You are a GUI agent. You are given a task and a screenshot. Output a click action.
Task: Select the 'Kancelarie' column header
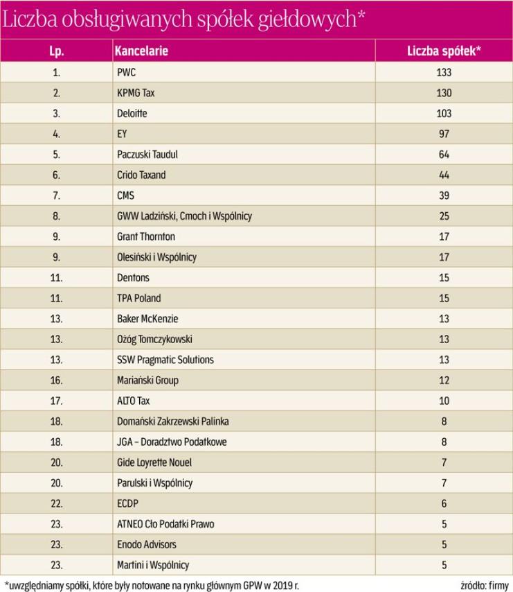click(141, 51)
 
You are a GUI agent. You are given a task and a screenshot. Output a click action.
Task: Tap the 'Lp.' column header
click(57, 51)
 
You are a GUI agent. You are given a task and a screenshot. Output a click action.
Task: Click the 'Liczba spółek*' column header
click(444, 51)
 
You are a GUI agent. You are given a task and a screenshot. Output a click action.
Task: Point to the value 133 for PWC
click(444, 72)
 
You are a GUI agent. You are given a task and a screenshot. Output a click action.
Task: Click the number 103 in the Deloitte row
click(444, 113)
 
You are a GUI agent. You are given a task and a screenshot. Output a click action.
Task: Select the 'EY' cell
click(123, 134)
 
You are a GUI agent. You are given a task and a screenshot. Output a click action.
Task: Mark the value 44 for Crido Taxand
click(444, 175)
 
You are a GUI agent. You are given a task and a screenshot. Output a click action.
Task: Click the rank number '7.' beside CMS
click(57, 195)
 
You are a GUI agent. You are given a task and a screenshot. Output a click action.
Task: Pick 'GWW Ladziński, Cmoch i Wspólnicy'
click(185, 216)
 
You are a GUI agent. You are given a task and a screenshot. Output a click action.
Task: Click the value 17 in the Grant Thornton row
click(444, 236)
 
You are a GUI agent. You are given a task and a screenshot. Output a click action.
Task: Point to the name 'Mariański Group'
click(149, 380)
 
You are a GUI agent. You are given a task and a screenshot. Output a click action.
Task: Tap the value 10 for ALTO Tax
click(444, 401)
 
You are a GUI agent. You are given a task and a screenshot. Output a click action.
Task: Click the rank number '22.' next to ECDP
click(57, 503)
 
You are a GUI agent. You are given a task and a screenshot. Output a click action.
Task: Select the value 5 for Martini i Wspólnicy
click(444, 565)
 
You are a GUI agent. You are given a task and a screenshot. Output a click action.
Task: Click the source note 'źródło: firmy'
click(483, 584)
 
